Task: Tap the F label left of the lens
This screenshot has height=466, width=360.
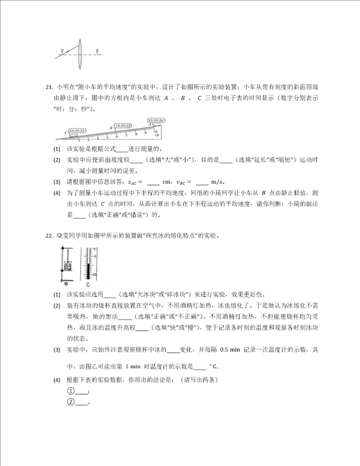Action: tap(62, 51)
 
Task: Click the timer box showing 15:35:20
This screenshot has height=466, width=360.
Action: tap(156, 120)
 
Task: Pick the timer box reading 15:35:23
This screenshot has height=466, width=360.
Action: tap(78, 130)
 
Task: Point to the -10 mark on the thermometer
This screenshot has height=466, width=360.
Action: tap(93, 275)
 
